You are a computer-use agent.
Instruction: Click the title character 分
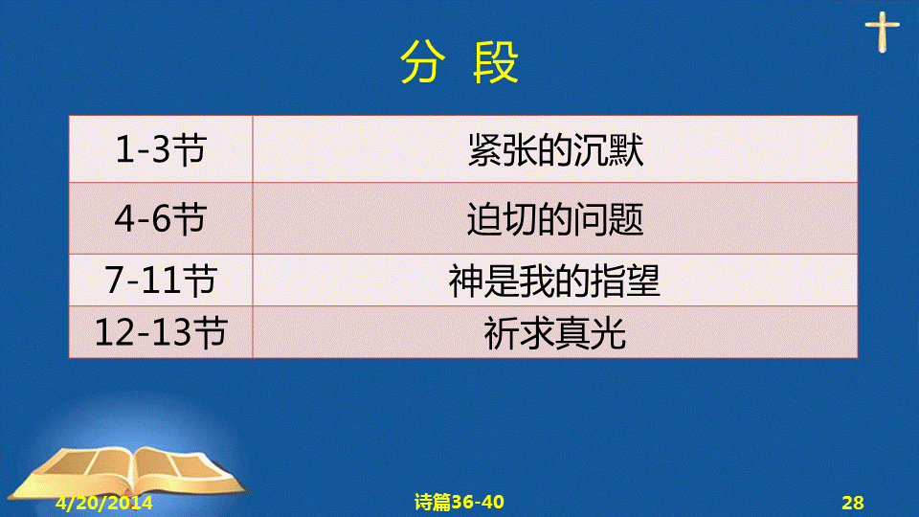[423, 62]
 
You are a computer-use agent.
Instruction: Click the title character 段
[496, 62]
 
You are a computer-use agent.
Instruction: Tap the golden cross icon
[882, 33]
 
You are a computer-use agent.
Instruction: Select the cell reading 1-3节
[161, 149]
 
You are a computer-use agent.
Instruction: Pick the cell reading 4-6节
[161, 218]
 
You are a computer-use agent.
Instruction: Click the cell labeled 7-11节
[161, 280]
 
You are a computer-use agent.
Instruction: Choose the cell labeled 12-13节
[161, 332]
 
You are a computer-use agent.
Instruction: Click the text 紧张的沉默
[555, 150]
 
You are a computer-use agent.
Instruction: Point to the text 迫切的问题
[555, 219]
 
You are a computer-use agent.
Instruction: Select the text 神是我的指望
[554, 281]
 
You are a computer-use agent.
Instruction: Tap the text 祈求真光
[554, 333]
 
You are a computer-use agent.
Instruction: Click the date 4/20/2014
[103, 503]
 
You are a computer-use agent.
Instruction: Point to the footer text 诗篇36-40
[459, 502]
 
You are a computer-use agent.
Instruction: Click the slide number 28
[853, 503]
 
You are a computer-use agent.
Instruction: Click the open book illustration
[130, 474]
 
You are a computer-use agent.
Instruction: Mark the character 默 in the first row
[626, 150]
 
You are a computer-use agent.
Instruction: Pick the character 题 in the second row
[626, 219]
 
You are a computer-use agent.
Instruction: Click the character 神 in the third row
[466, 281]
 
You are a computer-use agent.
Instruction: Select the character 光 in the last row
[609, 333]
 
